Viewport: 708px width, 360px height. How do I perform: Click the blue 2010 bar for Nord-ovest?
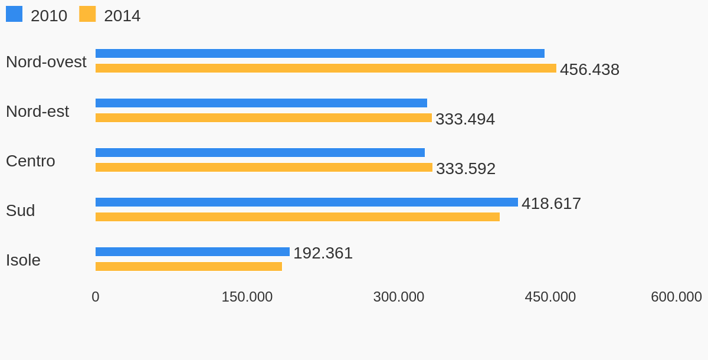coord(320,54)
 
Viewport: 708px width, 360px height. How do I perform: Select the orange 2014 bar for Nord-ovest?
coord(326,68)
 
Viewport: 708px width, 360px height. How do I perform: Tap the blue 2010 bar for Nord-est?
coord(261,103)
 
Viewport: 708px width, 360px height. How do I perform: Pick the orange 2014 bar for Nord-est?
coord(264,118)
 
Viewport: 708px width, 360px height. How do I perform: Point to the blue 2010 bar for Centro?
coord(260,153)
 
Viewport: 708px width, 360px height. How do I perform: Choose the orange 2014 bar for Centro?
coord(264,168)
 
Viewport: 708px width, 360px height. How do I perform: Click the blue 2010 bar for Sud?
coord(307,202)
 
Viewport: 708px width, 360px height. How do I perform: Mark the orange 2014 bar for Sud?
coord(297,217)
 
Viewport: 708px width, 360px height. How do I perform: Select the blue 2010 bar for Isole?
coord(192,252)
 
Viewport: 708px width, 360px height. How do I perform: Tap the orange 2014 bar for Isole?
coord(189,267)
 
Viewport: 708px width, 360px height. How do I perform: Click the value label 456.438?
coord(589,70)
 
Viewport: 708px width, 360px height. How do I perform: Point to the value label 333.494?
coord(465,119)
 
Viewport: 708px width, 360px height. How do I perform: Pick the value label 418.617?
coord(551,204)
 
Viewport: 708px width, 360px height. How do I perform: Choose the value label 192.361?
coord(323,253)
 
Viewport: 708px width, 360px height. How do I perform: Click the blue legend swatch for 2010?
coord(14,14)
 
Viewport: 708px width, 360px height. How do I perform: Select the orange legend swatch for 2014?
coord(87,14)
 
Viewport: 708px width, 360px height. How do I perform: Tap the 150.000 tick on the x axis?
coord(247,297)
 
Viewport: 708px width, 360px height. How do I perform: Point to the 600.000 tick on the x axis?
coord(676,297)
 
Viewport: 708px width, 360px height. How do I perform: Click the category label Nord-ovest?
coord(46,62)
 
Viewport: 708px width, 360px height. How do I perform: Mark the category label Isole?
coord(23,260)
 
